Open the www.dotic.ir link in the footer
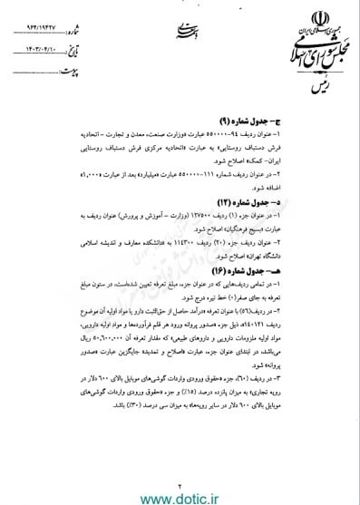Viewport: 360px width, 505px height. point(180,493)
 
